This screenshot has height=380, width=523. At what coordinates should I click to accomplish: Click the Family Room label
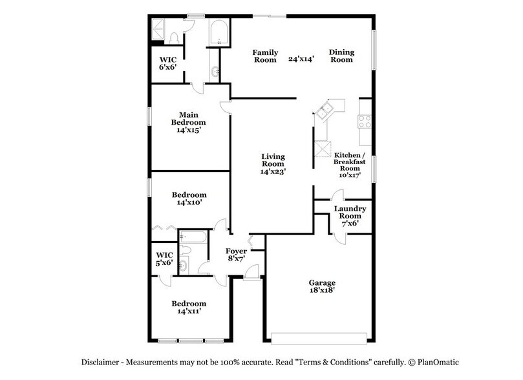tap(265, 56)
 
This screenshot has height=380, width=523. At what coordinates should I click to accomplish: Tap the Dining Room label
tap(341, 56)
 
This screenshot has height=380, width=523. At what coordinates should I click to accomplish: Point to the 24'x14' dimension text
tap(301, 59)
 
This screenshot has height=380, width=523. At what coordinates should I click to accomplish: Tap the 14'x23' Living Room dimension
tap(273, 172)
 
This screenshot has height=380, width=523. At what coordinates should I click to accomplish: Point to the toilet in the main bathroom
tap(173, 37)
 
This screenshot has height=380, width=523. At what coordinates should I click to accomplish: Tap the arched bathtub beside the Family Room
tap(219, 32)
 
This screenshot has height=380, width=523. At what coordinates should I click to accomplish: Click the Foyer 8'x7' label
tap(235, 255)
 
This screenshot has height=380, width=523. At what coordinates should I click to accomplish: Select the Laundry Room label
tap(350, 213)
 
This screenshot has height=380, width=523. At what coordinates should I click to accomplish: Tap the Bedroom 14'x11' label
tap(189, 308)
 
